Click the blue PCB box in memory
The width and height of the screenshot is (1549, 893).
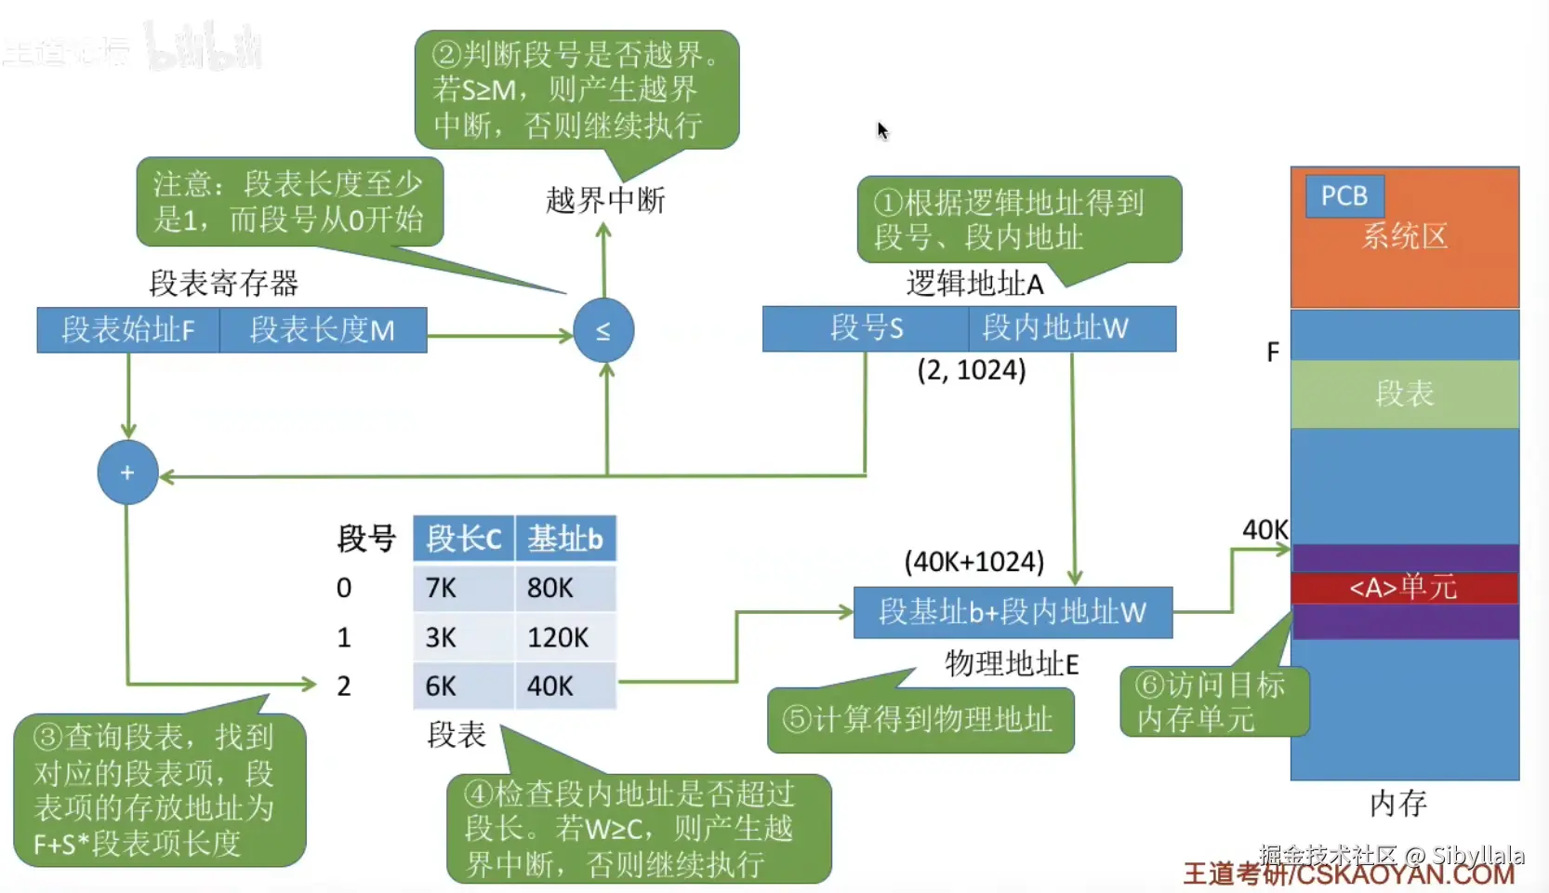coord(1344,196)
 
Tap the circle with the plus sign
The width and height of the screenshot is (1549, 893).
coord(127,473)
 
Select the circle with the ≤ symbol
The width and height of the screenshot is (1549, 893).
coord(603,330)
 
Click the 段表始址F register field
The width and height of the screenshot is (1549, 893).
coord(128,330)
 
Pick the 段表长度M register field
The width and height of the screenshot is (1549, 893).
coord(323,330)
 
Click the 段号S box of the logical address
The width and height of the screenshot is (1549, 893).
coord(866,328)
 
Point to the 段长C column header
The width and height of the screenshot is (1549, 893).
coord(463,539)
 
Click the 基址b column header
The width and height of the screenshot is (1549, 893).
coord(565,539)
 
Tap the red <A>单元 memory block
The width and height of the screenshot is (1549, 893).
coord(1404,588)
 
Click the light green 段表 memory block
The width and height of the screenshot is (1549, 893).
coord(1404,393)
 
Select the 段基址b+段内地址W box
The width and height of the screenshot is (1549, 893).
coord(1013,612)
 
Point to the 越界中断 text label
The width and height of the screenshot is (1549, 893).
coord(605,200)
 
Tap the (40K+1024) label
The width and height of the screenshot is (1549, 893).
coord(974,562)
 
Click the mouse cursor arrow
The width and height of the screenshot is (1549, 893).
coord(882,130)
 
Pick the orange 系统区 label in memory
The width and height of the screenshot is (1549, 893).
coord(1405,236)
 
